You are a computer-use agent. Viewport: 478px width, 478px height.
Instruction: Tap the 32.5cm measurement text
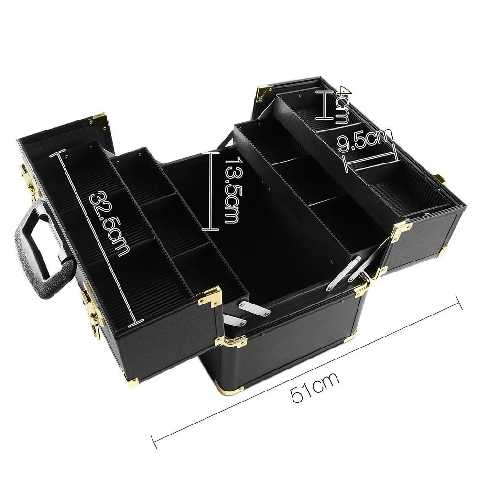click(x=109, y=222)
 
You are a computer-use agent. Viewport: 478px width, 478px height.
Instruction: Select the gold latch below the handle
click(x=94, y=306)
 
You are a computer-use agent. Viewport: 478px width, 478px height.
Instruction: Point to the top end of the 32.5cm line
click(x=60, y=152)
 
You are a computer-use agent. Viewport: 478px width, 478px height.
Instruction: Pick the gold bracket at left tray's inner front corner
click(x=210, y=296)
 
